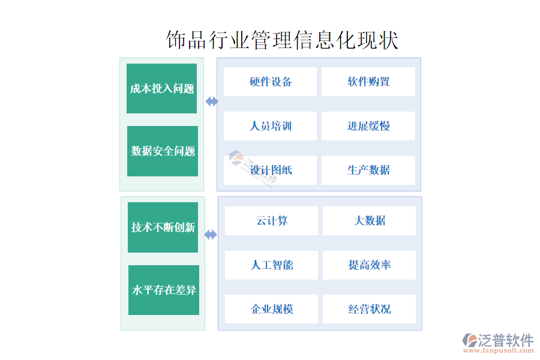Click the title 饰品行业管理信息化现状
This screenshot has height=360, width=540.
click(282, 40)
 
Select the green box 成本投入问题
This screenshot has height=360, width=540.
click(161, 89)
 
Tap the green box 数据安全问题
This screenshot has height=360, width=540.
click(163, 151)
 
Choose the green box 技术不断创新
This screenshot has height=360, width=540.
click(163, 227)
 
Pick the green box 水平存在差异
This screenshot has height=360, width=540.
click(164, 290)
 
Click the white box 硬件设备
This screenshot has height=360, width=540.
click(271, 82)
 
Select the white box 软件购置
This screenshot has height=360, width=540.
click(368, 82)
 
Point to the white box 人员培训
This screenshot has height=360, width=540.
click(271, 126)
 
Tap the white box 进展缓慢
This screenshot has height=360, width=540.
click(368, 126)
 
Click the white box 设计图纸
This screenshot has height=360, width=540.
click(271, 170)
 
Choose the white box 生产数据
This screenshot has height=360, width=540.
click(368, 170)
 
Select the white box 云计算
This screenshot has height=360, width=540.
click(271, 221)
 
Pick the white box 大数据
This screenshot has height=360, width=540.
click(369, 221)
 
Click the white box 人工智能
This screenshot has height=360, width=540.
click(271, 265)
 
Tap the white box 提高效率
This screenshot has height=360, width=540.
click(369, 265)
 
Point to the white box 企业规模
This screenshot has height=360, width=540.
click(271, 309)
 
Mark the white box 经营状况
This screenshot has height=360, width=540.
click(369, 309)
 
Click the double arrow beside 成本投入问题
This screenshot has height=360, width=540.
click(212, 101)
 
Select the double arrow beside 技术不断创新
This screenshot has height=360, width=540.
click(211, 235)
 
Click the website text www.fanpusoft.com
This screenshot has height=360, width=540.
click(499, 350)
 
